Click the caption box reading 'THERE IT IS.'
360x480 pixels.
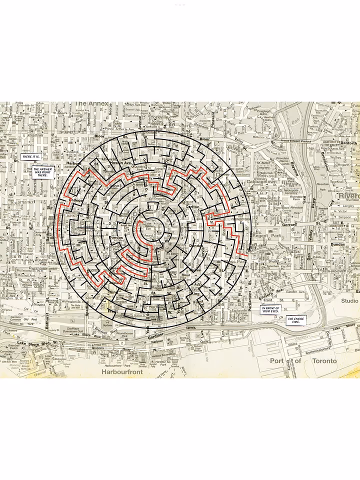pos(30,157)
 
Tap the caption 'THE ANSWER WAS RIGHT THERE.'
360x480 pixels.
pos(42,173)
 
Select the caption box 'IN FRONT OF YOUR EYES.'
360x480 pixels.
pos(271,309)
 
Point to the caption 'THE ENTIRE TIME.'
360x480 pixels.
pos(295,320)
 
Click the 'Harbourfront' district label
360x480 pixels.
pos(122,372)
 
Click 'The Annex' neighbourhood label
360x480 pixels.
pos(91,104)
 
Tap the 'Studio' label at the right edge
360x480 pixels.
pos(349,301)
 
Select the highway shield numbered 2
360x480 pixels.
pos(121,343)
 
